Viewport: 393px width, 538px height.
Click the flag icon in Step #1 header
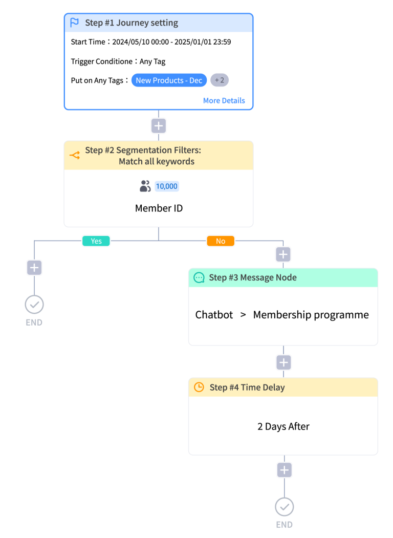click(x=74, y=23)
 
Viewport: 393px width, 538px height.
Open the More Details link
click(x=224, y=100)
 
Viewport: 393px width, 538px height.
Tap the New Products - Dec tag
click(x=169, y=80)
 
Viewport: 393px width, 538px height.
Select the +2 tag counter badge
click(x=220, y=80)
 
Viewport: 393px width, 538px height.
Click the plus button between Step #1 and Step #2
click(x=159, y=126)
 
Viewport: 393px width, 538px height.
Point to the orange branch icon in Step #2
click(x=75, y=155)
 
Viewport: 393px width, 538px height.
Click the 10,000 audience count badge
click(x=167, y=186)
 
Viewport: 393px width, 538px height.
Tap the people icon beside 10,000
click(x=145, y=186)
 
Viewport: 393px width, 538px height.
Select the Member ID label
click(x=159, y=208)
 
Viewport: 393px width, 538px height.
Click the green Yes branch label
click(x=96, y=241)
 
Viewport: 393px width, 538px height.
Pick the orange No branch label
click(x=221, y=241)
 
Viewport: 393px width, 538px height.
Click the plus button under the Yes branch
click(x=34, y=268)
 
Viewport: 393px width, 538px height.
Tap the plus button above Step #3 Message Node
click(x=283, y=254)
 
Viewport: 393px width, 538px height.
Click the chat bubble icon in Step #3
click(x=199, y=277)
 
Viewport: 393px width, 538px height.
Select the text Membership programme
click(x=311, y=315)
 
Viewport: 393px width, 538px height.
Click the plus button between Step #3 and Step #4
click(x=283, y=362)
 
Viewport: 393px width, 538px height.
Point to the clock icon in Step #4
click(x=199, y=387)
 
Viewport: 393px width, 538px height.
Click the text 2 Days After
click(x=283, y=426)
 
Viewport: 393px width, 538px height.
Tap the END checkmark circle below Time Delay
click(x=285, y=507)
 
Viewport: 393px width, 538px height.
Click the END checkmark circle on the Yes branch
click(x=34, y=305)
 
